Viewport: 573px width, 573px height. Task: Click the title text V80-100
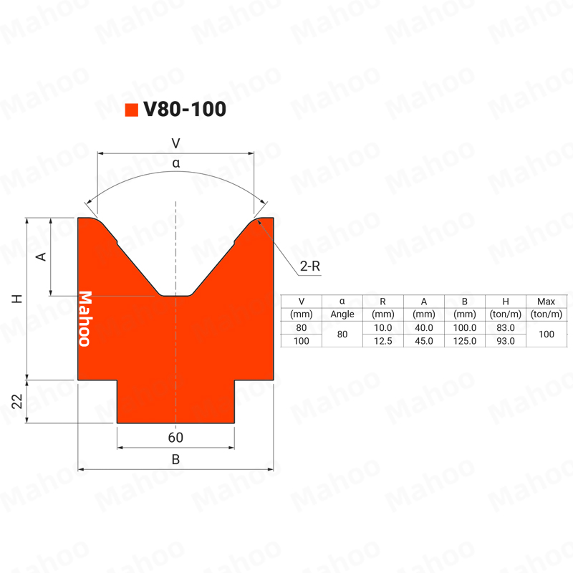pyautogui.click(x=185, y=109)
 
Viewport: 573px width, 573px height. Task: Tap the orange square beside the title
pyautogui.click(x=132, y=110)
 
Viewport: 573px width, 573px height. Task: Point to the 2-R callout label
pyautogui.click(x=310, y=266)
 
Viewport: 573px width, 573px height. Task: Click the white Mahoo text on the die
pyautogui.click(x=85, y=319)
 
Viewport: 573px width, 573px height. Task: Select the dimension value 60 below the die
pyautogui.click(x=175, y=438)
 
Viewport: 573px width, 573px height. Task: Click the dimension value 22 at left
pyautogui.click(x=17, y=401)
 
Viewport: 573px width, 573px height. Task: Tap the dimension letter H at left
pyautogui.click(x=17, y=299)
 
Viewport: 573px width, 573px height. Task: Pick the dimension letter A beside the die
pyautogui.click(x=41, y=256)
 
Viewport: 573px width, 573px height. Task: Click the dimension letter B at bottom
pyautogui.click(x=175, y=459)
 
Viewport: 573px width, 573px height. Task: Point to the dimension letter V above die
pyautogui.click(x=175, y=143)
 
